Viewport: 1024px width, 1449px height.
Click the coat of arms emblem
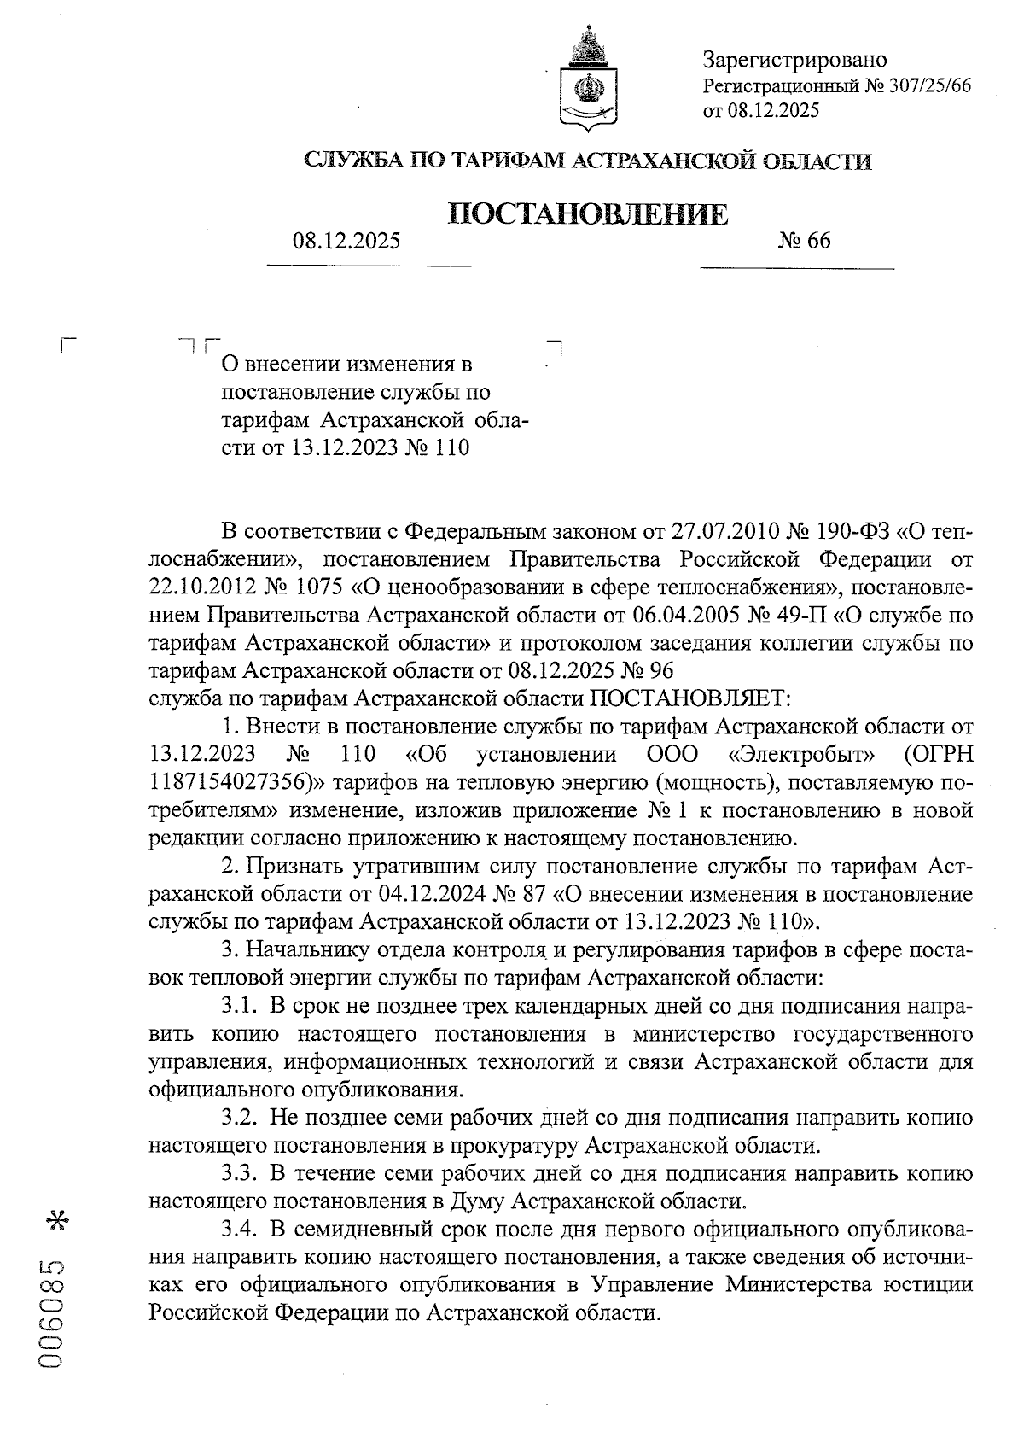coord(586,80)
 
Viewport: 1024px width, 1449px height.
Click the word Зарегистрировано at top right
coord(794,60)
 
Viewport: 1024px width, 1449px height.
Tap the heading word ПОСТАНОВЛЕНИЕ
coord(589,214)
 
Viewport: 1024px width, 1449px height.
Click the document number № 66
coord(803,241)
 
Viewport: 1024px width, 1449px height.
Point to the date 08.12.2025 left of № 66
coord(346,241)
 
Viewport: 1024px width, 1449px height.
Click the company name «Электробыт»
coord(803,755)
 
